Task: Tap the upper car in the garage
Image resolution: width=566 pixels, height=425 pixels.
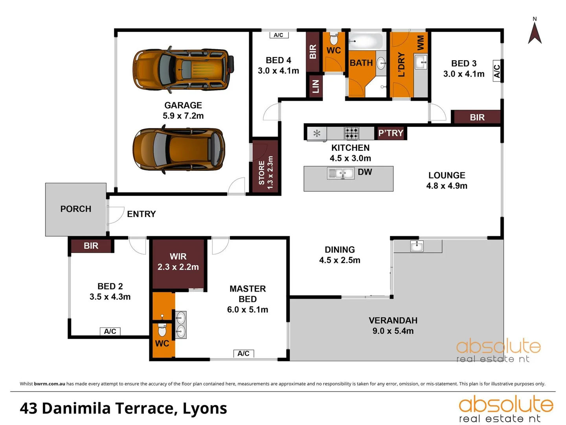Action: pos(183,70)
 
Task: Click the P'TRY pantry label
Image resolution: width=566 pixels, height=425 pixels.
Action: pos(391,133)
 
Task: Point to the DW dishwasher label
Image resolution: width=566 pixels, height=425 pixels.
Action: pos(365,172)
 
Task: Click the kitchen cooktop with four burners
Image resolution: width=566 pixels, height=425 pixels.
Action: pos(351,133)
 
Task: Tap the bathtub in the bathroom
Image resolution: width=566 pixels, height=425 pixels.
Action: pos(366,41)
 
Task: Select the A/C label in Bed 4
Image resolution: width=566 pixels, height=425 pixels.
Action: pos(279,35)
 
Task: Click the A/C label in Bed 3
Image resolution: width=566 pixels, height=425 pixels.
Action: pos(497,71)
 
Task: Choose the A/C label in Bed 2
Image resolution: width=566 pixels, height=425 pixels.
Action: pos(110,331)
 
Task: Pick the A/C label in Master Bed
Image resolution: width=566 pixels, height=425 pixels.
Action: pos(243,353)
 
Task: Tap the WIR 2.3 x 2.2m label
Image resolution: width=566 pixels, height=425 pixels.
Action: pos(178,262)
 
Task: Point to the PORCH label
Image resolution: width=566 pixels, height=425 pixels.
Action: pos(76,209)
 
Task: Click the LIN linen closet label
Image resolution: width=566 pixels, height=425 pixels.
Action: pos(315,86)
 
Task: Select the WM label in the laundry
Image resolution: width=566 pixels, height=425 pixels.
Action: pos(420,42)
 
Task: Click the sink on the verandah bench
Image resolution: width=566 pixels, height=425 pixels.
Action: pos(417,246)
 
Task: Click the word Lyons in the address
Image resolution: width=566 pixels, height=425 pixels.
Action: pos(205,408)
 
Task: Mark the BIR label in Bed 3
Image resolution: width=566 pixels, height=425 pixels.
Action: pos(477,117)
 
